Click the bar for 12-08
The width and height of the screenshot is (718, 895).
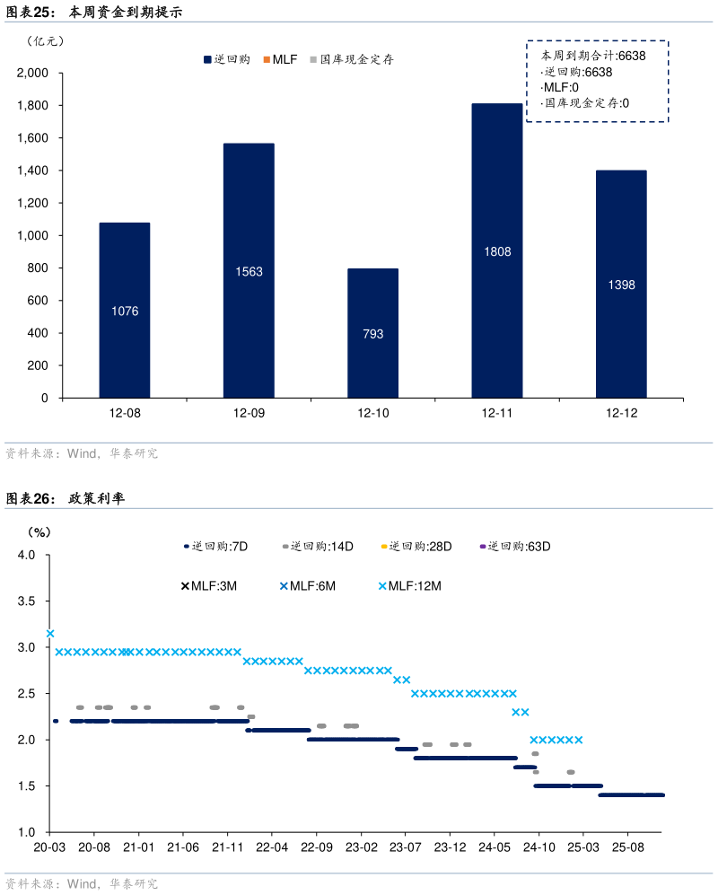(125, 310)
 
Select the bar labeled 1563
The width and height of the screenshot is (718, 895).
(249, 270)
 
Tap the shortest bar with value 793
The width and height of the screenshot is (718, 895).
(373, 333)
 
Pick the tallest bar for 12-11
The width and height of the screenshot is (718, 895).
(496, 250)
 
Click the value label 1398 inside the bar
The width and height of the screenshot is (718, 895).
(621, 285)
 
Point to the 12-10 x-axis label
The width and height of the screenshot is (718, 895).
(373, 414)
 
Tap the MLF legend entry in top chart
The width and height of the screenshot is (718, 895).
(280, 59)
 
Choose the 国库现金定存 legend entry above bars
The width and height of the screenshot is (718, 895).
(351, 59)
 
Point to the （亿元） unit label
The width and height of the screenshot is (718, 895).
(46, 40)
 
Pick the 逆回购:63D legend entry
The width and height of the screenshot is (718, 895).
(516, 546)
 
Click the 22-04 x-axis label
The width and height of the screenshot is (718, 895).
(273, 847)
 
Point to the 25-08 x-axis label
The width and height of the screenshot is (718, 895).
(627, 847)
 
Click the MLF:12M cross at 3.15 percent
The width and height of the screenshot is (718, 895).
(50, 634)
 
